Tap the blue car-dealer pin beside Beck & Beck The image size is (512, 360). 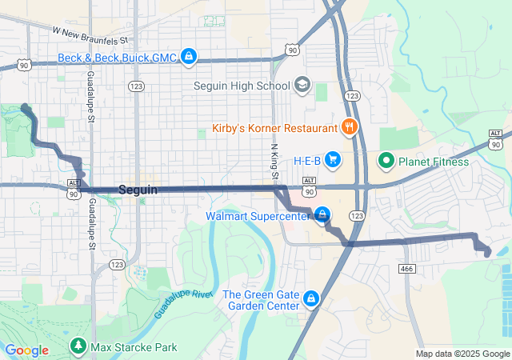pos(189,56)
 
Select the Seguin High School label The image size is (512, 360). pos(242,85)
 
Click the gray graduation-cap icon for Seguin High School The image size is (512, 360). pos(302,84)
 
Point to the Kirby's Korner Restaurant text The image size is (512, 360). pos(274,128)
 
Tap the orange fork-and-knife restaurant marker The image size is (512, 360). pos(349,127)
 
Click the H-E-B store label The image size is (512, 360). pos(306,161)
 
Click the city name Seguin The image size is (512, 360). pos(138,190)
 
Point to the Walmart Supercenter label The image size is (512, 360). pos(257,216)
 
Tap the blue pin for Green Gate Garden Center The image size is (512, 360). pos(311,300)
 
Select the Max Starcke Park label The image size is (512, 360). pos(134,346)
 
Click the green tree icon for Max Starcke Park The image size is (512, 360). pos(78,346)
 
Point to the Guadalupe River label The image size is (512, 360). pos(183,305)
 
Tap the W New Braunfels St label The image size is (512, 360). pos(90,35)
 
